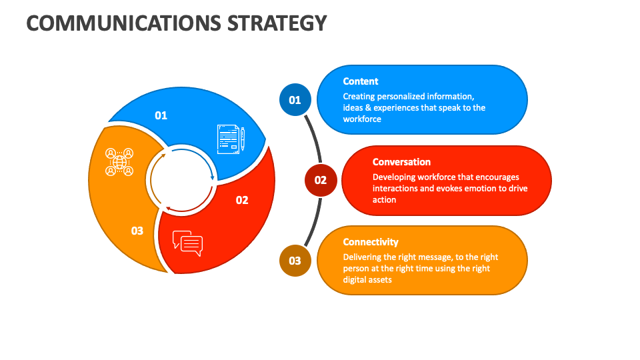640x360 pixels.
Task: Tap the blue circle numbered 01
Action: [295, 100]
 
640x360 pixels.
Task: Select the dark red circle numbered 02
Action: [321, 180]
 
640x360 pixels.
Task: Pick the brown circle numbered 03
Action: [295, 261]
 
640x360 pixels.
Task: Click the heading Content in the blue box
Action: [361, 81]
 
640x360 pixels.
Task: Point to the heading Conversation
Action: [401, 162]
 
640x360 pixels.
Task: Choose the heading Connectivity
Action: [371, 242]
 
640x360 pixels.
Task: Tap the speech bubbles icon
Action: [187, 243]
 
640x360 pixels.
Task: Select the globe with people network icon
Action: [119, 161]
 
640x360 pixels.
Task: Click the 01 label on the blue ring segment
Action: [161, 115]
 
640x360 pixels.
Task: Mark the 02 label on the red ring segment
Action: [241, 200]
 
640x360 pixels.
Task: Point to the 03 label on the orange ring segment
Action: [137, 231]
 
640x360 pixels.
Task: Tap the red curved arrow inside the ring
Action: [190, 205]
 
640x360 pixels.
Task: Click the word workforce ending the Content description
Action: [362, 119]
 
